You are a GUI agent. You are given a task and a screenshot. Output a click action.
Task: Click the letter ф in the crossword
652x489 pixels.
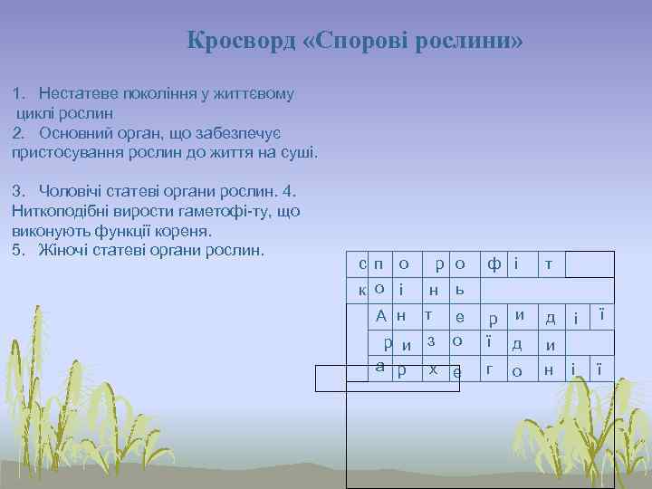click(494, 264)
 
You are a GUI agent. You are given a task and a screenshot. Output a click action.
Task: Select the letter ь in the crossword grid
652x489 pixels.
click(460, 290)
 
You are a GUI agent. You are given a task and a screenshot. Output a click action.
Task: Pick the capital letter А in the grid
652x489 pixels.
click(382, 316)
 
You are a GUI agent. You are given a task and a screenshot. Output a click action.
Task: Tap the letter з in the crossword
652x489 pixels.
click(431, 341)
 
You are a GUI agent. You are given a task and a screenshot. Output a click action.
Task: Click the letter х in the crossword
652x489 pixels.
click(434, 369)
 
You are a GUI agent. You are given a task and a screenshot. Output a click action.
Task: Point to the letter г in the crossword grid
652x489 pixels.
click(489, 369)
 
